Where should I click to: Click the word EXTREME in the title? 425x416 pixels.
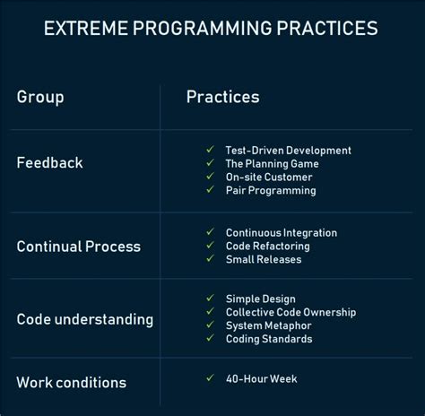[x=86, y=29]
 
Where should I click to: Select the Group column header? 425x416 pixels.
[x=40, y=97]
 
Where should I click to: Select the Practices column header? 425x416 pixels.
[x=222, y=97]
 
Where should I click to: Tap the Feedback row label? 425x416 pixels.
[x=49, y=163]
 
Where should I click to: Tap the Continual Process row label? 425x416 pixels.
[x=78, y=247]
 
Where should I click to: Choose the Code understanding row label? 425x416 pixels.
[x=84, y=319]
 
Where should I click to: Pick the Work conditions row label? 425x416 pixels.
[x=71, y=383]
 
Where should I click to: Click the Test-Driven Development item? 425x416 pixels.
[x=288, y=151]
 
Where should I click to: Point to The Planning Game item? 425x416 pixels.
[x=272, y=164]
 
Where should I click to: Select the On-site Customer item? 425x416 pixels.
[x=269, y=178]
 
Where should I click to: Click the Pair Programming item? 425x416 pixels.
[x=270, y=191]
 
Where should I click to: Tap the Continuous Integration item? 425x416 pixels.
[x=281, y=233]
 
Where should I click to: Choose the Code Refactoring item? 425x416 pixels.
[x=267, y=247]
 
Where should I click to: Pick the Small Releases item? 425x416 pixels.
[x=264, y=260]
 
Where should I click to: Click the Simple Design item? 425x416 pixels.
[x=260, y=299]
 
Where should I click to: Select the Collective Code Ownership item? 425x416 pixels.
[x=291, y=313]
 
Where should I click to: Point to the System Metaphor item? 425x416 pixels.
[x=268, y=326]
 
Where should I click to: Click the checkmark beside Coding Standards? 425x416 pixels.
[x=210, y=339]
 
